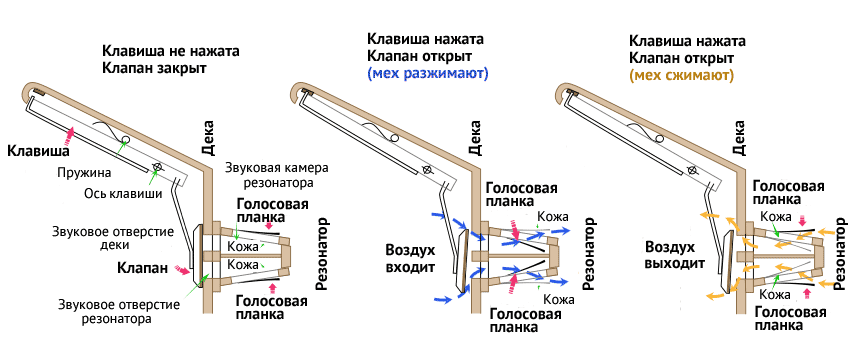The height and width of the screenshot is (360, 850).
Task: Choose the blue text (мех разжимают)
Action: pos(427,74)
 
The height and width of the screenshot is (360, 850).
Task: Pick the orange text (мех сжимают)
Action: pos(680,75)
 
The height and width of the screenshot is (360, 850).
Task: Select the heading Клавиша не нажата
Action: pos(171,50)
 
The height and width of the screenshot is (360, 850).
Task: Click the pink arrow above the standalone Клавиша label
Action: pos(69,132)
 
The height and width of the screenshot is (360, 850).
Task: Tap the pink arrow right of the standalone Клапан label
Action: pos(182,270)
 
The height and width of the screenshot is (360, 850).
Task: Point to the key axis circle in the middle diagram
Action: pos(426,171)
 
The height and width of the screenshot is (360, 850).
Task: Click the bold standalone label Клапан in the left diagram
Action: pos(142,268)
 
